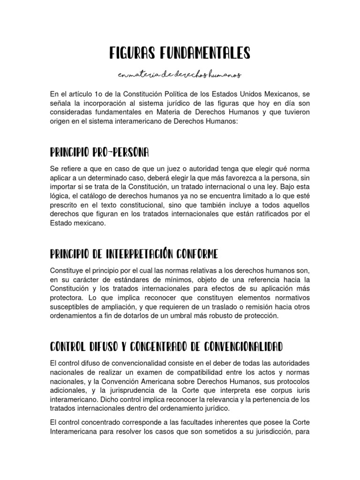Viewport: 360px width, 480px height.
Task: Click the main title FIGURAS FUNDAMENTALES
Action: (180, 53)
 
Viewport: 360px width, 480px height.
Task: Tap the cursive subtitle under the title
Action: (180, 75)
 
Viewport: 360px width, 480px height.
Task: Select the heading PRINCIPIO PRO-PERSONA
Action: (99, 152)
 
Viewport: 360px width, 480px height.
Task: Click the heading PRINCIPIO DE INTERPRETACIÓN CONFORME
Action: (134, 255)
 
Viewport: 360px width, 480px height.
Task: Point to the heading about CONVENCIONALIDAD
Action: (166, 347)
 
